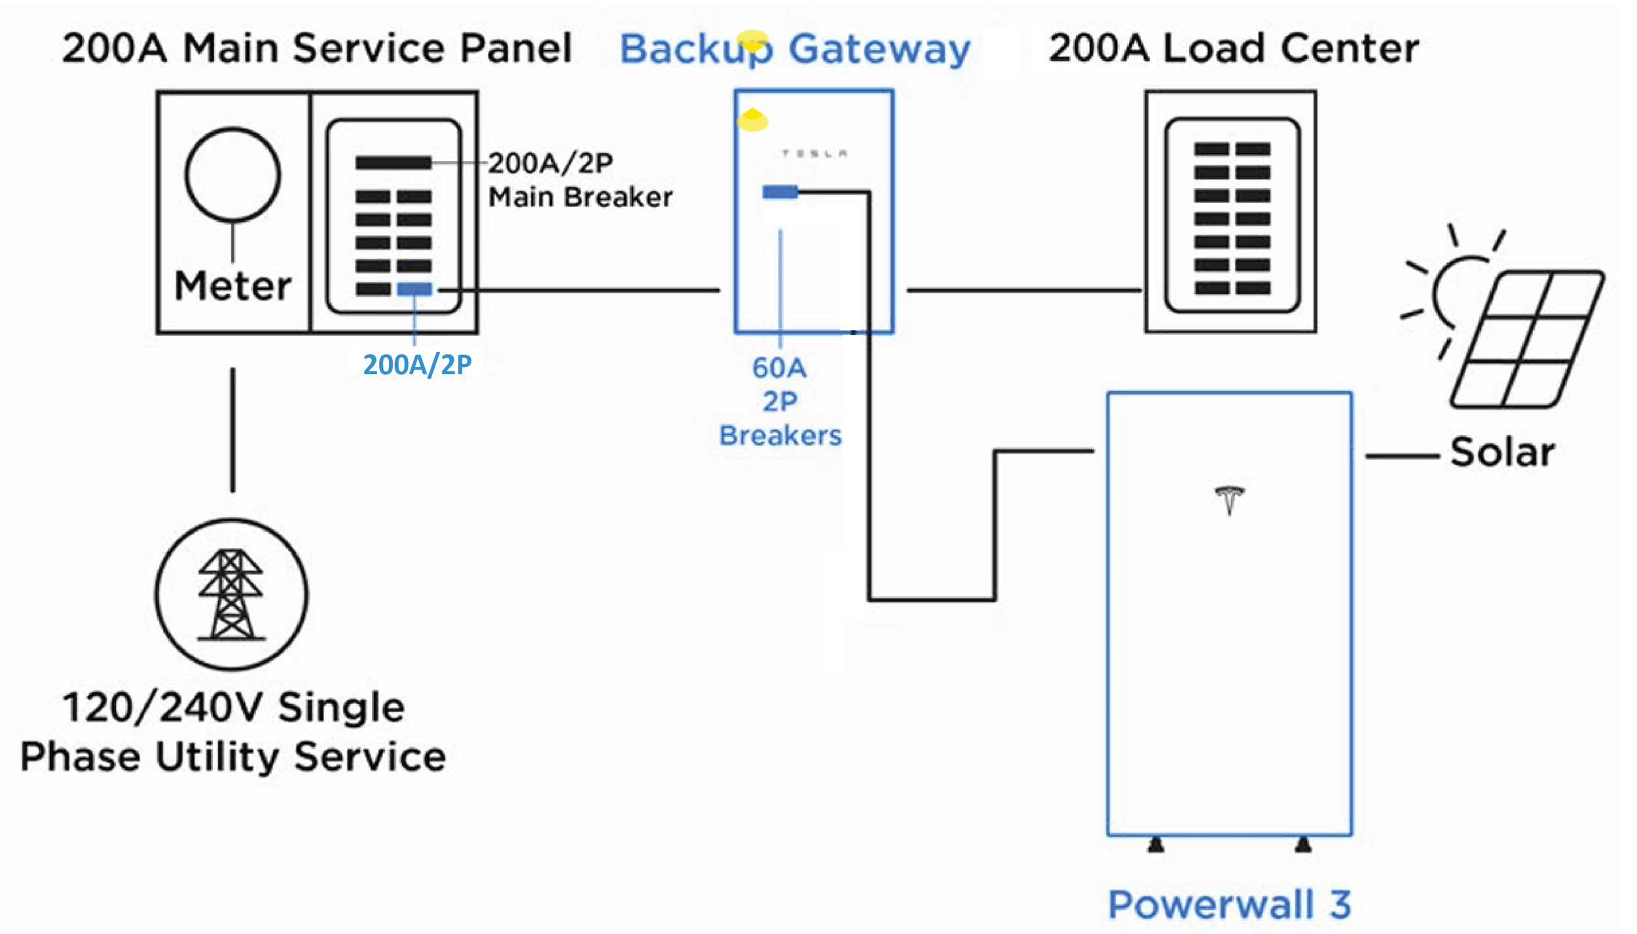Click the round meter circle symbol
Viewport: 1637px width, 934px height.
232,175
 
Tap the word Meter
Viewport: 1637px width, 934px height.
232,286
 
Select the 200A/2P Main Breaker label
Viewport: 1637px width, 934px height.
579,179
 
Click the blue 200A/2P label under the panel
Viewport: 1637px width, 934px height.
417,365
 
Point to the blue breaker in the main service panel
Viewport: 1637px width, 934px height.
414,289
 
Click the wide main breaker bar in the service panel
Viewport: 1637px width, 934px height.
393,162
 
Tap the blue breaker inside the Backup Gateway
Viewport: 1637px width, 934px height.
780,192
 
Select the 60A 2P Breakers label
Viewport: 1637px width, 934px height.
780,402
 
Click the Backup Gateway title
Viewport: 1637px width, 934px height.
794,48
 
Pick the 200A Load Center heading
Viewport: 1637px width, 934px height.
1234,48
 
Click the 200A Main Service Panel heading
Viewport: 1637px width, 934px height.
317,48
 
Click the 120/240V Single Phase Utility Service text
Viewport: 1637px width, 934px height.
233,732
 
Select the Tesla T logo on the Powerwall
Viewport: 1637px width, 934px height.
1229,500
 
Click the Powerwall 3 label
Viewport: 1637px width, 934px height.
1229,905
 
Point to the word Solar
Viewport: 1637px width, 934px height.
1502,452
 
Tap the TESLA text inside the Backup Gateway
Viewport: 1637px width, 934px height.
814,153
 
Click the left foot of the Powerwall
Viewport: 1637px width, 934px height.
1156,845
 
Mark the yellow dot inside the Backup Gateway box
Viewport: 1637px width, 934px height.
752,121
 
